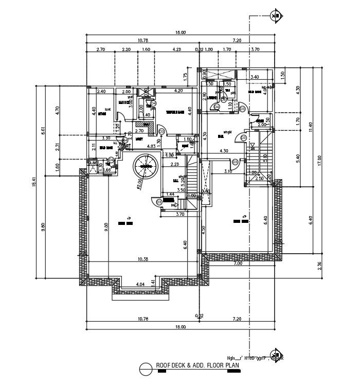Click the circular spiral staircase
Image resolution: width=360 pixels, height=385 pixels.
(146, 167)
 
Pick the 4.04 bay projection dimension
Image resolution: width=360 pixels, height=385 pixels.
(140, 284)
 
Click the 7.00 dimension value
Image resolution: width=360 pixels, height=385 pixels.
(237, 264)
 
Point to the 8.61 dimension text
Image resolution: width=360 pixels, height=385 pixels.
(45, 131)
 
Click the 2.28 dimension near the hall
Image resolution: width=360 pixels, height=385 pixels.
(174, 165)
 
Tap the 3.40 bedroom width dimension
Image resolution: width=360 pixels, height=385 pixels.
(255, 77)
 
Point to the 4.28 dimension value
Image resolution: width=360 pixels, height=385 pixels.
(177, 49)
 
